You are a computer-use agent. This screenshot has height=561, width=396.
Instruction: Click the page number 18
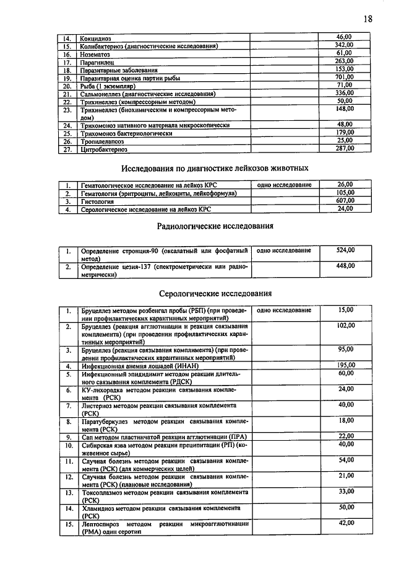pyautogui.click(x=368, y=18)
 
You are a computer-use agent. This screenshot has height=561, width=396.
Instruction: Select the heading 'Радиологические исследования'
pyautogui.click(x=215, y=226)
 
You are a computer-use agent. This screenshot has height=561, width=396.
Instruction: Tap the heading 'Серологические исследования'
pyautogui.click(x=215, y=293)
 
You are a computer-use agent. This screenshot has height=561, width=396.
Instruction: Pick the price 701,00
pyautogui.click(x=344, y=77)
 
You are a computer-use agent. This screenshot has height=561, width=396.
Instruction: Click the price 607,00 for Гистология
pyautogui.click(x=345, y=201)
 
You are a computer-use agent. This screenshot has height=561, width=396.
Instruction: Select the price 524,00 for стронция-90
pyautogui.click(x=345, y=250)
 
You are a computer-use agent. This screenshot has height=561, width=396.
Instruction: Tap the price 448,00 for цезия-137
pyautogui.click(x=345, y=266)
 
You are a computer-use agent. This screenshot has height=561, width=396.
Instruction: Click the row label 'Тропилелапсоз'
pyautogui.click(x=103, y=141)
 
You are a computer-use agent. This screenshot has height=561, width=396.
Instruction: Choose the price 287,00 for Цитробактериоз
pyautogui.click(x=344, y=148)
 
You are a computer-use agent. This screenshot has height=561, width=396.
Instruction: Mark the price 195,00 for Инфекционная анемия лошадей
pyautogui.click(x=345, y=365)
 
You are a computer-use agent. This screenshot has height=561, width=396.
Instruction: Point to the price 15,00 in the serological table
pyautogui.click(x=345, y=309)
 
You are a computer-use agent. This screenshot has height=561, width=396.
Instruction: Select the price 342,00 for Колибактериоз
pyautogui.click(x=344, y=45)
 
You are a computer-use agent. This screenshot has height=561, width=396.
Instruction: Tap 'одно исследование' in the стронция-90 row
pyautogui.click(x=283, y=250)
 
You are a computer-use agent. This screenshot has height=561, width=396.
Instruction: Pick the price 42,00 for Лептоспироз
pyautogui.click(x=345, y=524)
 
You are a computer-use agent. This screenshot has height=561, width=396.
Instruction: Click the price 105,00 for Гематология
pyautogui.click(x=345, y=193)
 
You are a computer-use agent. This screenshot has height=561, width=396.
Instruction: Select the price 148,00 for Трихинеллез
pyautogui.click(x=345, y=109)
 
